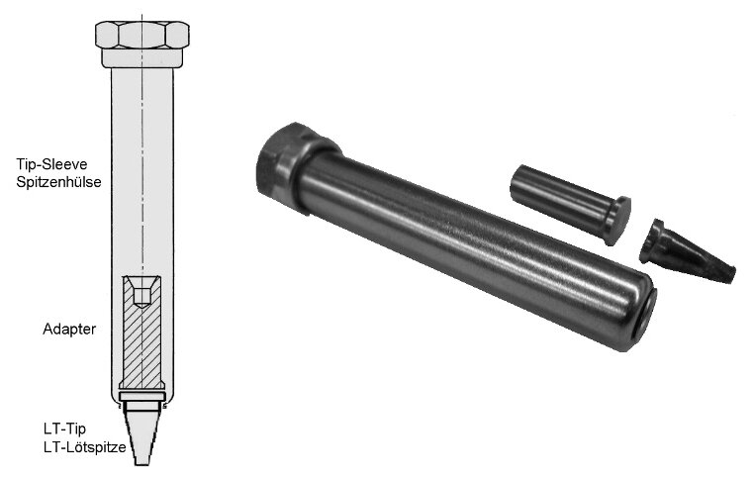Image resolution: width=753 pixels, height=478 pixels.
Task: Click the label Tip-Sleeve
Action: tap(51, 164)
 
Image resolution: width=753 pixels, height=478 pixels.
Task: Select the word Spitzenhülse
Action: tap(58, 182)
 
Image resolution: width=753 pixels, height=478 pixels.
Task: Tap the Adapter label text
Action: tap(69, 330)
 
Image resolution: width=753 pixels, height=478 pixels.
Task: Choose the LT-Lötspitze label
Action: tap(84, 447)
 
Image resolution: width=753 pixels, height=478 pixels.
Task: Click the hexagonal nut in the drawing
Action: tap(142, 35)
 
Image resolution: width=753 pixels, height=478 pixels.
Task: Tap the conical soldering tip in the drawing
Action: tap(141, 433)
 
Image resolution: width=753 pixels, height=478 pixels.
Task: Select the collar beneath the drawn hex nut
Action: tap(142, 57)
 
